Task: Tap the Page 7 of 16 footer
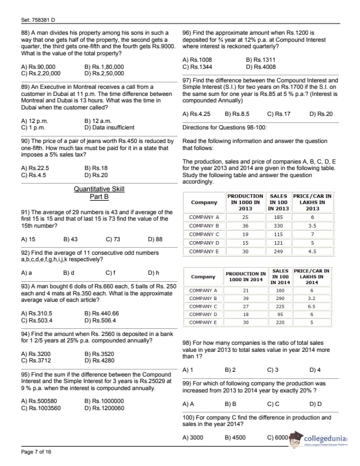36,451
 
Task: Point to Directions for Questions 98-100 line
224,127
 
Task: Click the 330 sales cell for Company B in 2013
279,225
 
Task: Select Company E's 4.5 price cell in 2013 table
312,251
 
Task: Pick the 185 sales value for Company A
279,217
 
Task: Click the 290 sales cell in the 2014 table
281,298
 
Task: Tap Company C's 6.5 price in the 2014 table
312,306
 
